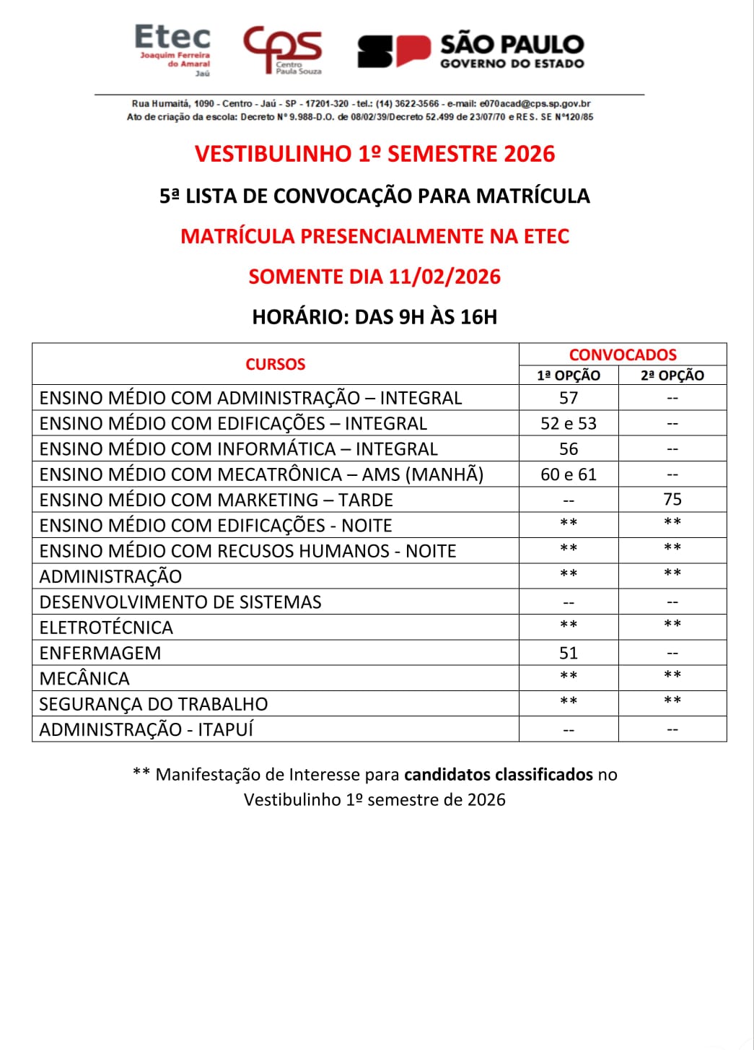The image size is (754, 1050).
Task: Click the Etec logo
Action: pyautogui.click(x=173, y=50)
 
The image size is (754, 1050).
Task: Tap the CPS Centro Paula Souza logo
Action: pyautogui.click(x=283, y=50)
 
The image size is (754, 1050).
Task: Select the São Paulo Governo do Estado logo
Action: pyautogui.click(x=470, y=51)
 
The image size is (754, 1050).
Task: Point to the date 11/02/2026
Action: pyautogui.click(x=444, y=277)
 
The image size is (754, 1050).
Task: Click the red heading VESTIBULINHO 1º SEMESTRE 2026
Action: pyautogui.click(x=374, y=154)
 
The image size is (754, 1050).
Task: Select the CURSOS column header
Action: pyautogui.click(x=275, y=364)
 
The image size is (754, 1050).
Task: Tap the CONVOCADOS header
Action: pyautogui.click(x=623, y=355)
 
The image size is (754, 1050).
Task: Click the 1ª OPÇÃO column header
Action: pyautogui.click(x=569, y=376)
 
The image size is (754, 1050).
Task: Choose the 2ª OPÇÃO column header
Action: pyautogui.click(x=672, y=376)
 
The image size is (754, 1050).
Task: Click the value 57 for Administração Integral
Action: pyautogui.click(x=569, y=398)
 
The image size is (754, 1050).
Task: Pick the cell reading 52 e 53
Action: pyautogui.click(x=569, y=423)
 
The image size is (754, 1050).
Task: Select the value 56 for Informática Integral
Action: pyautogui.click(x=569, y=449)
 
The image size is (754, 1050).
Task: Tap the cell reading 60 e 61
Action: pyautogui.click(x=569, y=474)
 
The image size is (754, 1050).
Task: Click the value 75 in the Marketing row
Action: pyautogui.click(x=672, y=500)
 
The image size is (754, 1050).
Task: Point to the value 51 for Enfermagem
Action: pyautogui.click(x=569, y=653)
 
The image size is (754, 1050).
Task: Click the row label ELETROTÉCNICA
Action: pyautogui.click(x=106, y=628)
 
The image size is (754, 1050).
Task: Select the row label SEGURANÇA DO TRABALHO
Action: pyautogui.click(x=153, y=704)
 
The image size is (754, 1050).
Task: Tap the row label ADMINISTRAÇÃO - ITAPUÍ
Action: pyautogui.click(x=146, y=729)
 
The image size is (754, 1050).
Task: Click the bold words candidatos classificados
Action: pyautogui.click(x=498, y=774)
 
